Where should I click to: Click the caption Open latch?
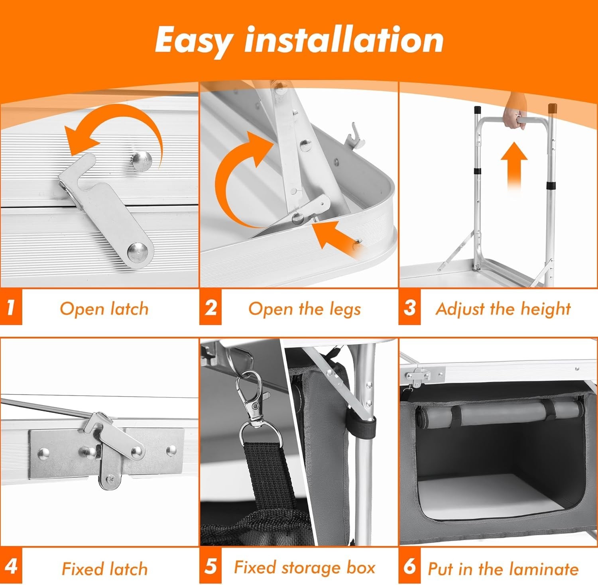click(x=104, y=309)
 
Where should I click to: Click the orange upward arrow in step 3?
click(x=514, y=166)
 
